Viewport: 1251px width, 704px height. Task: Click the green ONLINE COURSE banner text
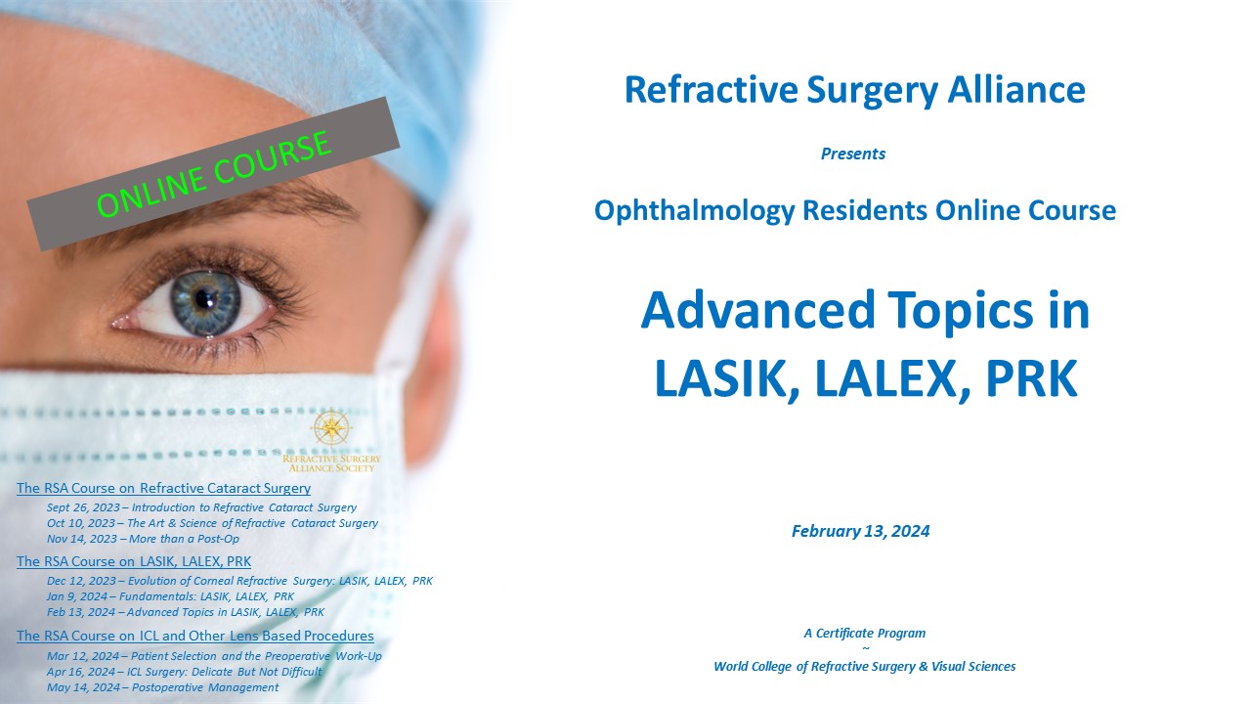214,174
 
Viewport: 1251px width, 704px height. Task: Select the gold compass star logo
331,428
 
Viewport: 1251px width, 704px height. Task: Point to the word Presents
853,154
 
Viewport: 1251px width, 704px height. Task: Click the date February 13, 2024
861,531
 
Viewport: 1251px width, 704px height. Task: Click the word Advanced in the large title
757,310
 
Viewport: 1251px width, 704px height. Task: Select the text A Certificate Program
865,633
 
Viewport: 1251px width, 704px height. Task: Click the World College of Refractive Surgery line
865,667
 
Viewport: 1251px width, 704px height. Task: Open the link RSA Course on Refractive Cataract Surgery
163,488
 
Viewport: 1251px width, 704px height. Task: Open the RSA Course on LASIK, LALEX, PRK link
134,561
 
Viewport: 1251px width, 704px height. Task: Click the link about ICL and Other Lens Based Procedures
195,636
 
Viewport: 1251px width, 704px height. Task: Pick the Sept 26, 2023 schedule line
201,507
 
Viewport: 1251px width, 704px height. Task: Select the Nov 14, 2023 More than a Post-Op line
143,539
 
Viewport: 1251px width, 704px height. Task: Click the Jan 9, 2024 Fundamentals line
170,596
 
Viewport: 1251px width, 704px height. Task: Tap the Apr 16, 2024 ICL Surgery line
185,672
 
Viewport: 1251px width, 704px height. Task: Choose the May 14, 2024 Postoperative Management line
162,687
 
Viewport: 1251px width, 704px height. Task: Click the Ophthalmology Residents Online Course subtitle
855,211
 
